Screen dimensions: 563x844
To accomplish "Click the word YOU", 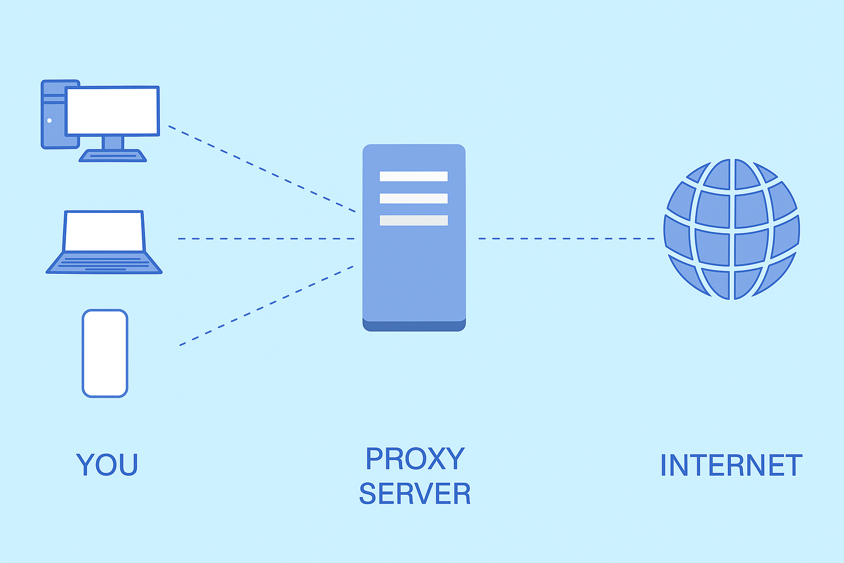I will tap(107, 465).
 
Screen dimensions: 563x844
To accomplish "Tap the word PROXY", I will tap(415, 459).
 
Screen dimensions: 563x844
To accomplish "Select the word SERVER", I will tap(415, 494).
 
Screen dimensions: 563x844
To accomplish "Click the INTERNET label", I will tap(731, 466).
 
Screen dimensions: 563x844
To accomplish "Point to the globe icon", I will tap(731, 229).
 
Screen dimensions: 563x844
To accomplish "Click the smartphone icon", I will tap(105, 354).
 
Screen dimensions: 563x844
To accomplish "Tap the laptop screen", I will tap(104, 231).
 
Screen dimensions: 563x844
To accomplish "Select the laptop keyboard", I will tap(104, 263).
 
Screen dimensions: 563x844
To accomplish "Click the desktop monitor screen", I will tap(113, 111).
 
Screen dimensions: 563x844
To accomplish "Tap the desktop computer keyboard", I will tap(113, 156).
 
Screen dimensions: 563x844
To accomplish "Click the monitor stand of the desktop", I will tap(113, 142).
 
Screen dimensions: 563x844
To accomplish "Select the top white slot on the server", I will tap(414, 176).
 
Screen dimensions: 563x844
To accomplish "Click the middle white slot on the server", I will tap(414, 198).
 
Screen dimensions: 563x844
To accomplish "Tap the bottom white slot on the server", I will tap(414, 220).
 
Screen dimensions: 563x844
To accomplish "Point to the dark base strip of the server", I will tap(414, 326).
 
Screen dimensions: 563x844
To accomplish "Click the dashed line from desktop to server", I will tap(262, 169).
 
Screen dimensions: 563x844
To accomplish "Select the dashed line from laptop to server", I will tap(266, 239).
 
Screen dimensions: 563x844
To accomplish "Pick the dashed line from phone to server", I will tap(266, 306).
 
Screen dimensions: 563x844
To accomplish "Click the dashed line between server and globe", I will tap(566, 239).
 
